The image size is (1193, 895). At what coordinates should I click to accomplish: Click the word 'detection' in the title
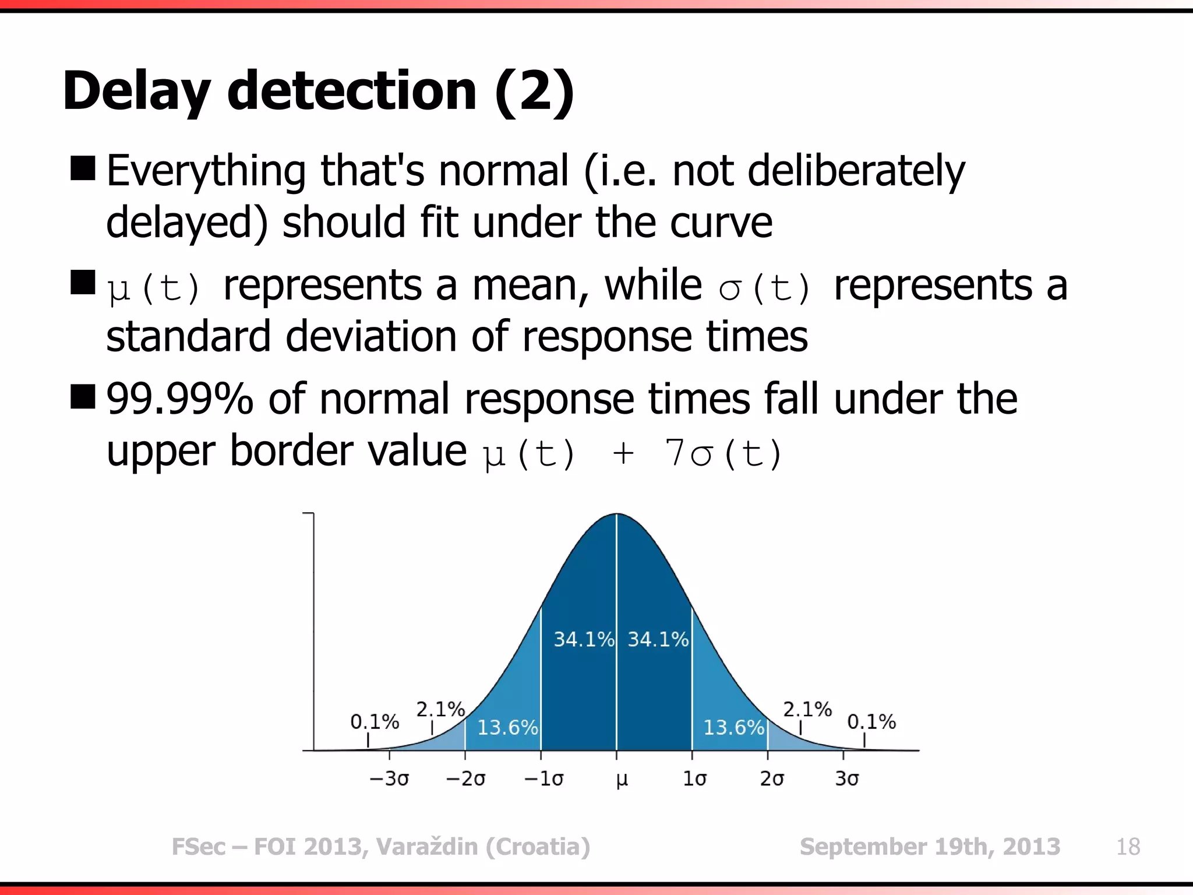352,91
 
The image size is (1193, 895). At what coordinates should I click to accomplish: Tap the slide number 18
1128,847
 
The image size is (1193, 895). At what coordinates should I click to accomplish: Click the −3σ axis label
389,779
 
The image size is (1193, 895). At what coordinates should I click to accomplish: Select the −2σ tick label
465,779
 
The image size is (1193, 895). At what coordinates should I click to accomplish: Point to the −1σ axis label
543,779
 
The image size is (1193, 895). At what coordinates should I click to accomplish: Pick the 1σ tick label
694,779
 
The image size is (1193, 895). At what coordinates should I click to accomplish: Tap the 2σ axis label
772,779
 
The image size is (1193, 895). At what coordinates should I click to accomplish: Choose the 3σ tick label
846,779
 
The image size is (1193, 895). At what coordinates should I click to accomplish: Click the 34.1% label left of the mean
583,639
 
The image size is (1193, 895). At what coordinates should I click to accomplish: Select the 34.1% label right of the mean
658,639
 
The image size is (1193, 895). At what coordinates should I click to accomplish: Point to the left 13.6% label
507,727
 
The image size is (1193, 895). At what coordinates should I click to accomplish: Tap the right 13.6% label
733,727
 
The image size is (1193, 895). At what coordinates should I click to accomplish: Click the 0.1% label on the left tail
374,722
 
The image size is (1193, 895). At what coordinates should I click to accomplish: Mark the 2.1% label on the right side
807,709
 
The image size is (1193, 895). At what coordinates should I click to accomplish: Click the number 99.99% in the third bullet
179,399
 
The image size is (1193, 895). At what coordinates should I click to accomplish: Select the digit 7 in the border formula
675,453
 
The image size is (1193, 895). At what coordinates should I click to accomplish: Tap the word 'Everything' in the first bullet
206,171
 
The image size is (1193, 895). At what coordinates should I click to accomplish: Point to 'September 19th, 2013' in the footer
930,847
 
